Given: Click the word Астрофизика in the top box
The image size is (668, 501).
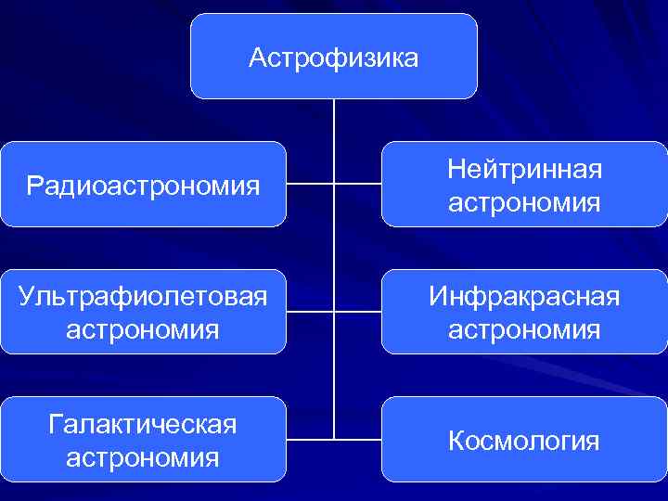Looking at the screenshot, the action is [x=334, y=58].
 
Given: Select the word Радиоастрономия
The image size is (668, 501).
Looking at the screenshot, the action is [x=143, y=186].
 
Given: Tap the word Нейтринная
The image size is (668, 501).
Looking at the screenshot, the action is [x=524, y=169].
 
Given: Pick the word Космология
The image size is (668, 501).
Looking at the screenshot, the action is [x=524, y=441].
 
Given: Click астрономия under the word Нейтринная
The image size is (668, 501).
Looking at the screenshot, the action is [x=524, y=202].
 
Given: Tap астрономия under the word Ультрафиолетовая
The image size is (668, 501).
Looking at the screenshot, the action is [x=143, y=329].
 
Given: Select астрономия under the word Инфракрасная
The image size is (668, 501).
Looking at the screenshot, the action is [x=524, y=329].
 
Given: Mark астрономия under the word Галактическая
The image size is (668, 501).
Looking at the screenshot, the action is [x=143, y=457].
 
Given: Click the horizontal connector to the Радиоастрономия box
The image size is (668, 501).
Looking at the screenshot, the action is [x=310, y=184].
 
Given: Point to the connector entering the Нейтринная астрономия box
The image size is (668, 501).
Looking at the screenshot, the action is [x=358, y=184].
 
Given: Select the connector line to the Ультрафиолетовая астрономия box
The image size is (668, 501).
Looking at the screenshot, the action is [x=310, y=312].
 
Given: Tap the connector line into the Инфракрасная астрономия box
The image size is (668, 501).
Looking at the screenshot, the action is [x=358, y=312].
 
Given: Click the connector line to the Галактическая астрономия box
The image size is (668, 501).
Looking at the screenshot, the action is [x=310, y=438].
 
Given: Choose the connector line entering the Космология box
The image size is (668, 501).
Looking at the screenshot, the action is [x=358, y=438].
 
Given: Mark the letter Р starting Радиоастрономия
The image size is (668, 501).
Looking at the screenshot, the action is [x=34, y=186].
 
